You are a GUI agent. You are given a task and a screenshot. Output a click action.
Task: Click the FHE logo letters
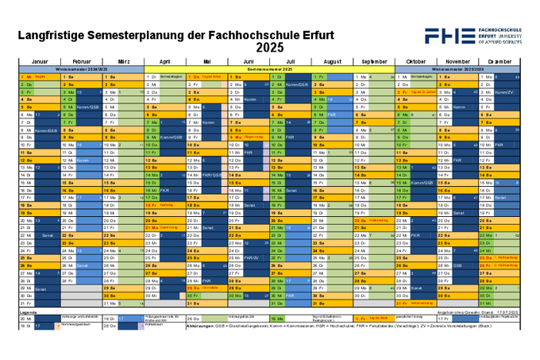pyautogui.click(x=449, y=35)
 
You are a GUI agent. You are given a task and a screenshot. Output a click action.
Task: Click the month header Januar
pyautogui.click(x=40, y=61)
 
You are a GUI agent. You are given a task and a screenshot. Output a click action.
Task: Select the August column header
pyautogui.click(x=332, y=61)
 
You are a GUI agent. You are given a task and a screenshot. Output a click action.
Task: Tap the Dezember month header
pyautogui.click(x=499, y=61)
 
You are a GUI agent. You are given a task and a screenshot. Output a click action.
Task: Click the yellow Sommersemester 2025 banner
pyautogui.click(x=270, y=69)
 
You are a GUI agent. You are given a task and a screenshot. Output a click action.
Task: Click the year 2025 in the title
pyautogui.click(x=269, y=48)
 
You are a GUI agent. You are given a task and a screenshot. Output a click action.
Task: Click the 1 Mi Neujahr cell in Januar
pyautogui.click(x=39, y=76)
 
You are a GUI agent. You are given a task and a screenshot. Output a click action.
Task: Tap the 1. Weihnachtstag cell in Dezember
pyautogui.click(x=499, y=257)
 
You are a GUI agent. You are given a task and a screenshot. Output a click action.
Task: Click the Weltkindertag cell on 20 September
pyautogui.click(x=370, y=220)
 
